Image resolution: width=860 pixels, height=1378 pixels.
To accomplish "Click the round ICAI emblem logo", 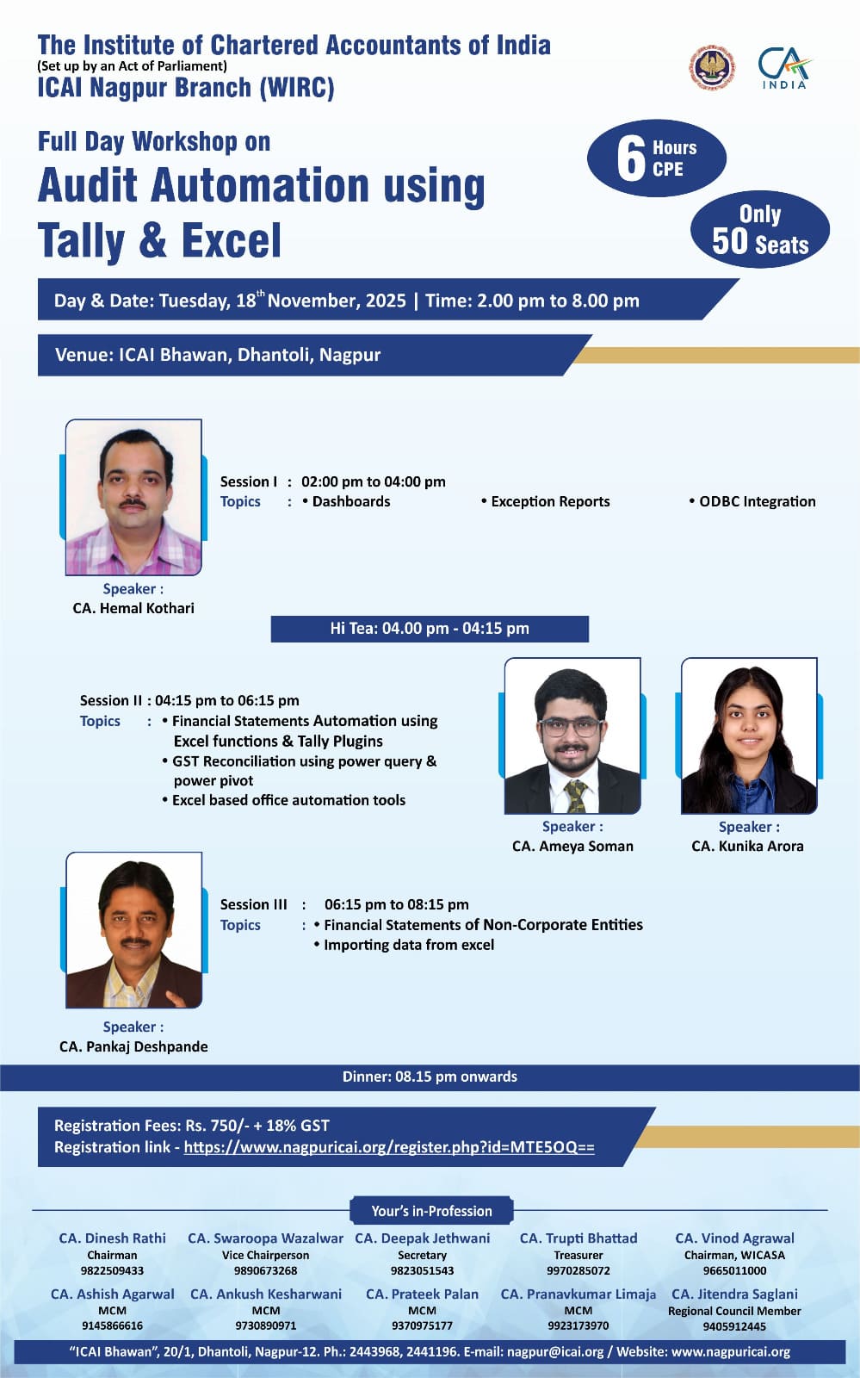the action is [710, 67].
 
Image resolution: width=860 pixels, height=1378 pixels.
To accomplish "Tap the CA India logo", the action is [784, 68].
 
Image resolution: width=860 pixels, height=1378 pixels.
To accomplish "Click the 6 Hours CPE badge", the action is [657, 158].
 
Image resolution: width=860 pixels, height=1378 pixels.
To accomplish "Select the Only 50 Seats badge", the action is [760, 229].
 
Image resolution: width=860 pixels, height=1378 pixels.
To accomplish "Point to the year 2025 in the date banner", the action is [386, 301].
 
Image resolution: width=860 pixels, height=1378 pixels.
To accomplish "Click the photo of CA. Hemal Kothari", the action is [133, 497].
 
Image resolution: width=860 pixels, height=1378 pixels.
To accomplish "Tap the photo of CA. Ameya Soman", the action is [572, 736].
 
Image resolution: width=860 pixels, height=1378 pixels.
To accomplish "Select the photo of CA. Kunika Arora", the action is [749, 736].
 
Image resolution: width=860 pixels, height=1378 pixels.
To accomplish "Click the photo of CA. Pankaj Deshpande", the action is [133, 929].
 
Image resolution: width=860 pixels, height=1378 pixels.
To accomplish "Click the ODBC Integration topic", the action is [752, 501].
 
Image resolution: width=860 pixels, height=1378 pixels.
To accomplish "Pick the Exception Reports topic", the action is [545, 501].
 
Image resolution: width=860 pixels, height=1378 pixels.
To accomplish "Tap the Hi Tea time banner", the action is [430, 629].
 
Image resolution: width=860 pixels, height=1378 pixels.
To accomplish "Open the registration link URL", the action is [389, 1147].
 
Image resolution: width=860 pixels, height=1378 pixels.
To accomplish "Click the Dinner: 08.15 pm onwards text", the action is [430, 1077].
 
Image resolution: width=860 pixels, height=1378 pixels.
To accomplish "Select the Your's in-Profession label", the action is [431, 1211].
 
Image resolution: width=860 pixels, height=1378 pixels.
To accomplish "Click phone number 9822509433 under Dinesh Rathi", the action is [112, 1270].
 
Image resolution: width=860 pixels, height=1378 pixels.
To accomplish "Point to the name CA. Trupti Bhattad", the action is [578, 1238].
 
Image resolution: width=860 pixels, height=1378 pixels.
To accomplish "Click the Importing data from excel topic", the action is [404, 945].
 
